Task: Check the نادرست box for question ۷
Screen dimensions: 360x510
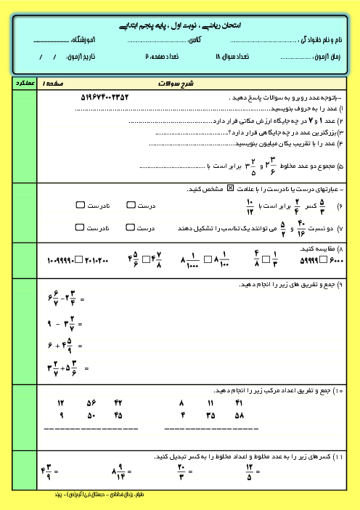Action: coord(80,227)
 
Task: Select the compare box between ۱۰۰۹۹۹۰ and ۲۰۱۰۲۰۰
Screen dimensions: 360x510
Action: coord(81,259)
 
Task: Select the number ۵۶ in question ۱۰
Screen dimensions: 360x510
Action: coord(91,402)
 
